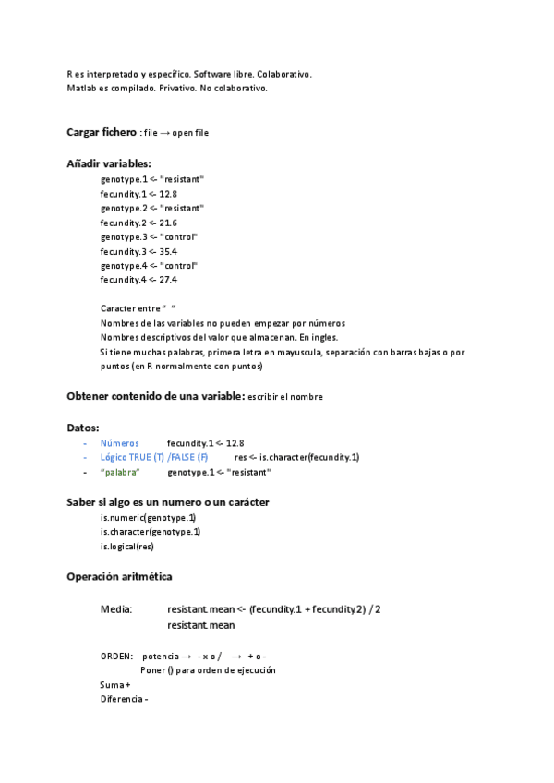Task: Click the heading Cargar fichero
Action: [x=101, y=132]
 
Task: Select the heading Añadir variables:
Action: [x=114, y=163]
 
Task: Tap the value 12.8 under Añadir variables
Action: [x=167, y=194]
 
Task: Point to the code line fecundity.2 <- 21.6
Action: [x=138, y=223]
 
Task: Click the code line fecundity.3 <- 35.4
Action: [x=138, y=251]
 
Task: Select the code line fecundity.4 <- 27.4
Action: [x=138, y=280]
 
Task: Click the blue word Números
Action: [x=120, y=443]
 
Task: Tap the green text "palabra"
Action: [x=120, y=472]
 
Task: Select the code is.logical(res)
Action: [x=126, y=546]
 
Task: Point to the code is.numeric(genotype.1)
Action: [x=148, y=517]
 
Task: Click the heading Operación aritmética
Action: [x=119, y=576]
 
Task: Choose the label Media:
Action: [x=116, y=610]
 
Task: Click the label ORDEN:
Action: [x=116, y=656]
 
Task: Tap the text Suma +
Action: [x=115, y=684]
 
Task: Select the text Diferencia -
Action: [x=125, y=699]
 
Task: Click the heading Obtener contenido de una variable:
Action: [x=155, y=396]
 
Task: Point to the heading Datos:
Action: [x=83, y=428]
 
